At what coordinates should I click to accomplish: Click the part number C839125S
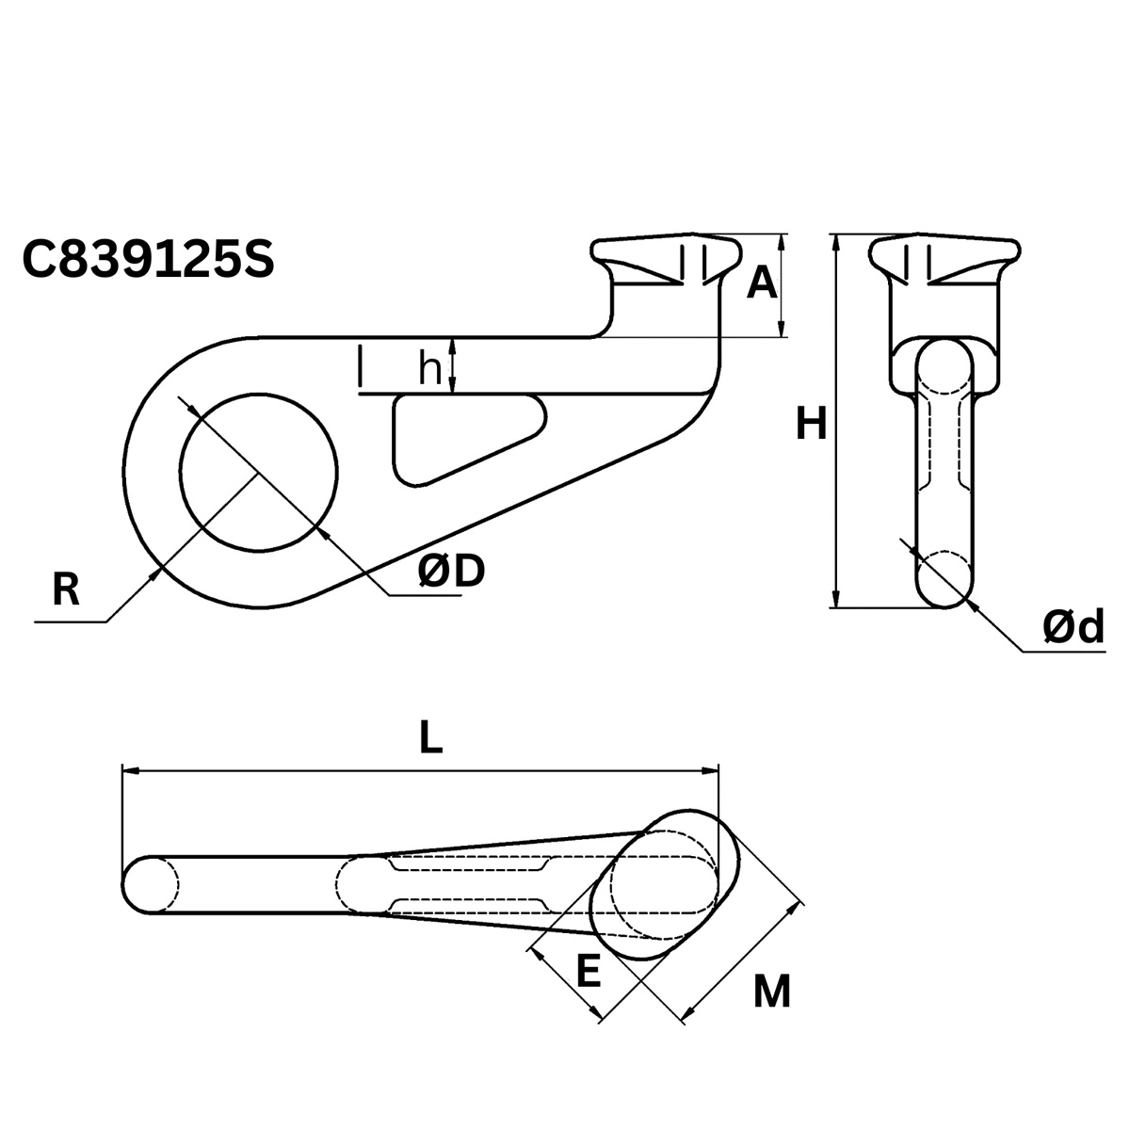[148, 260]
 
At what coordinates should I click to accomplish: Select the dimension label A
[762, 282]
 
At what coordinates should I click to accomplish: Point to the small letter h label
[429, 370]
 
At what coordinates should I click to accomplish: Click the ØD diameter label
[450, 570]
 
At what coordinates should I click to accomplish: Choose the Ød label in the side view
[1073, 627]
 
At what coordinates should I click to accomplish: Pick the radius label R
[65, 590]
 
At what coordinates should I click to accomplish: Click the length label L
[429, 737]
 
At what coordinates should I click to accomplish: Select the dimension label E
[588, 971]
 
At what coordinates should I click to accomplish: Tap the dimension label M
[772, 992]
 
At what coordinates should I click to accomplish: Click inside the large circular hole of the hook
[259, 471]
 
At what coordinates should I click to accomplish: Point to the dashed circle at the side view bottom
[944, 576]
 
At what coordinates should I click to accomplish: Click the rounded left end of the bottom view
[146, 885]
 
